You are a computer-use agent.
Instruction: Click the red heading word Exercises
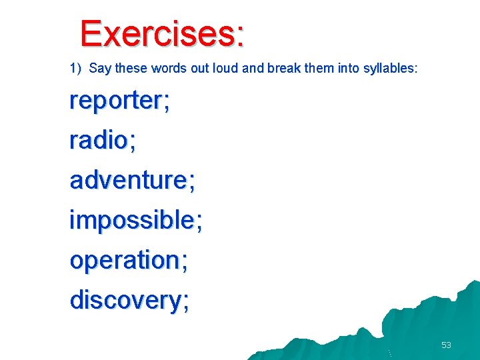pos(157,33)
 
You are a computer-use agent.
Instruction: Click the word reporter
pos(115,101)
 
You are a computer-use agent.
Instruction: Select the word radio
pos(99,140)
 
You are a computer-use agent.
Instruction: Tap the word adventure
pos(129,180)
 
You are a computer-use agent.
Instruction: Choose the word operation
pos(125,260)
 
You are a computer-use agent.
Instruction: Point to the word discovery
pos(125,300)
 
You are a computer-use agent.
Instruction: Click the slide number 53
pos(446,345)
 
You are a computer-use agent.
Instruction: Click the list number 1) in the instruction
pos(75,68)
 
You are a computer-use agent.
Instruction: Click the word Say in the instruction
pos(99,68)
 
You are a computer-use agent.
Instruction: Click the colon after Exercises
pos(239,37)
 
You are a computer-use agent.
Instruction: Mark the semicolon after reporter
pos(166,103)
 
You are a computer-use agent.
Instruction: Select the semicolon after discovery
pos(185,302)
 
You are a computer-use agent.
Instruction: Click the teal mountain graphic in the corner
pos(427,327)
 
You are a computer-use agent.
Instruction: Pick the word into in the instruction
pos(339,68)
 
